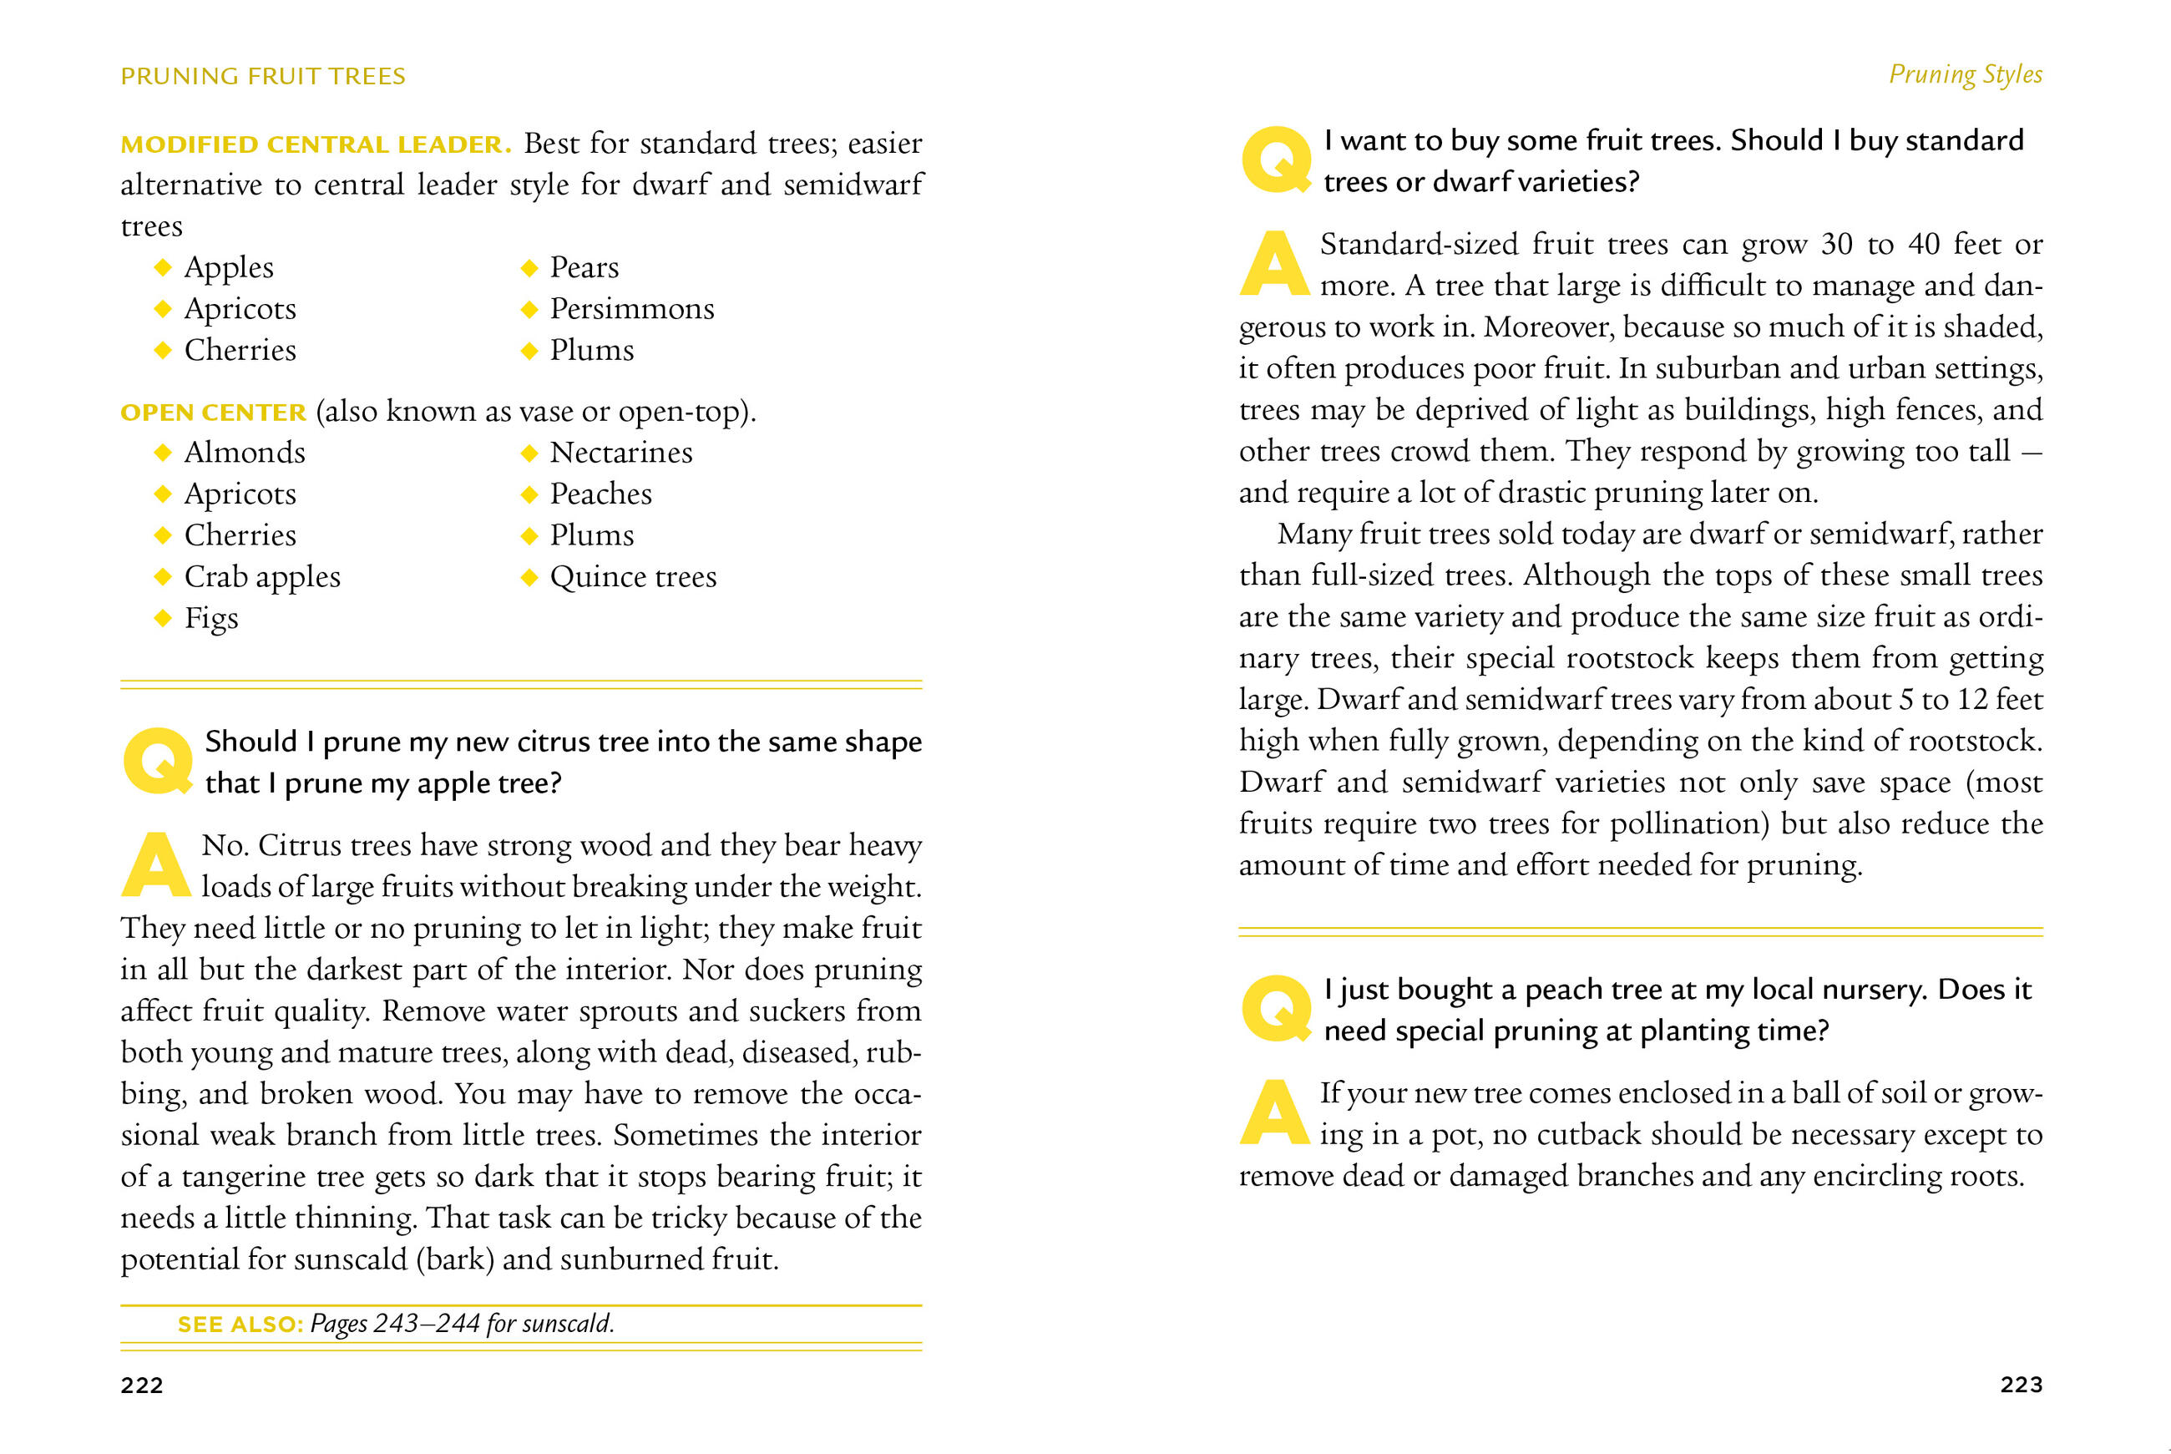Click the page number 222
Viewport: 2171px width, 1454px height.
tap(142, 1386)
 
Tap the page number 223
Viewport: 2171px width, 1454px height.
tap(2021, 1385)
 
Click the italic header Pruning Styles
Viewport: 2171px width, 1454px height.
tap(1966, 74)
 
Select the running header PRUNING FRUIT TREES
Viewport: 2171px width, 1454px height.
tap(263, 76)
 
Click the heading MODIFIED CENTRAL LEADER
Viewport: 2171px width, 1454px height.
tap(315, 144)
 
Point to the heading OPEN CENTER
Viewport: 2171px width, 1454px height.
tap(213, 413)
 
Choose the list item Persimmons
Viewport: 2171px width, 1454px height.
tap(632, 309)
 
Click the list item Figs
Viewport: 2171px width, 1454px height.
tap(211, 619)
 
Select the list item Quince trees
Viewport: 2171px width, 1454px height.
tap(633, 577)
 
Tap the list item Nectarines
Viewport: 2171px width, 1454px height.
tap(621, 453)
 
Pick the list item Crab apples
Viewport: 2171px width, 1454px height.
tap(262, 577)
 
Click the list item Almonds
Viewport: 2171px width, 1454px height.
tap(245, 453)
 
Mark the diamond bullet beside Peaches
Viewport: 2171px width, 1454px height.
tap(529, 494)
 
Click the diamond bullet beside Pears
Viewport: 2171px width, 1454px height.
tap(529, 268)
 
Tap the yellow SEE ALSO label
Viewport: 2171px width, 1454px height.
tap(240, 1325)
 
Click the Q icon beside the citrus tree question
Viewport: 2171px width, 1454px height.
tap(159, 762)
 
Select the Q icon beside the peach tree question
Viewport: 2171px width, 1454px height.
tap(1277, 1009)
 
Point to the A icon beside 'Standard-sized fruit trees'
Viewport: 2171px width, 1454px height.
tap(1274, 263)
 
